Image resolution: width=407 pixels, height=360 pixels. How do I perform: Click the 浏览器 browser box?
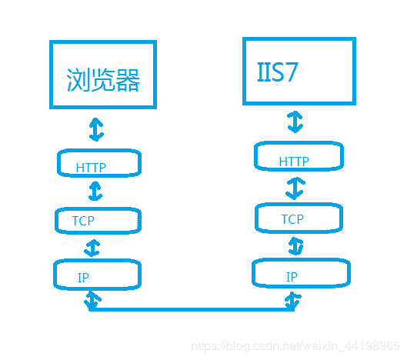[x=102, y=74]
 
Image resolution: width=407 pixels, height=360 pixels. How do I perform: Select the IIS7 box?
[x=299, y=70]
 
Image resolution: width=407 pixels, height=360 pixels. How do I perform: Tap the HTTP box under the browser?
[x=101, y=164]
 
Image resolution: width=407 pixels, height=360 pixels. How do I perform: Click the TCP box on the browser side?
[x=98, y=220]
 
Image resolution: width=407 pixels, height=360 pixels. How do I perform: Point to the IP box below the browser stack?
[x=97, y=275]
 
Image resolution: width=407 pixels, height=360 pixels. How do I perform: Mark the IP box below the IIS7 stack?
[x=301, y=273]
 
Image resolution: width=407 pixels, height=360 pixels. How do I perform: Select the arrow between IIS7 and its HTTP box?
[x=295, y=122]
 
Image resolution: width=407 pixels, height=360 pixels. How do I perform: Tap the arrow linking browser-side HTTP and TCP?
[x=96, y=191]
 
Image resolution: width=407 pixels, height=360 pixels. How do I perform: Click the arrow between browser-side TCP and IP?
[x=93, y=248]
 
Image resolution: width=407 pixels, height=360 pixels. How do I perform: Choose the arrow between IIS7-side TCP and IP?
[x=296, y=246]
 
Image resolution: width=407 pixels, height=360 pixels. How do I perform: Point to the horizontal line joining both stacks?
[x=192, y=309]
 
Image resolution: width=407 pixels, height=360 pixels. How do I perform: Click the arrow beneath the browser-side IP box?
[x=92, y=300]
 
